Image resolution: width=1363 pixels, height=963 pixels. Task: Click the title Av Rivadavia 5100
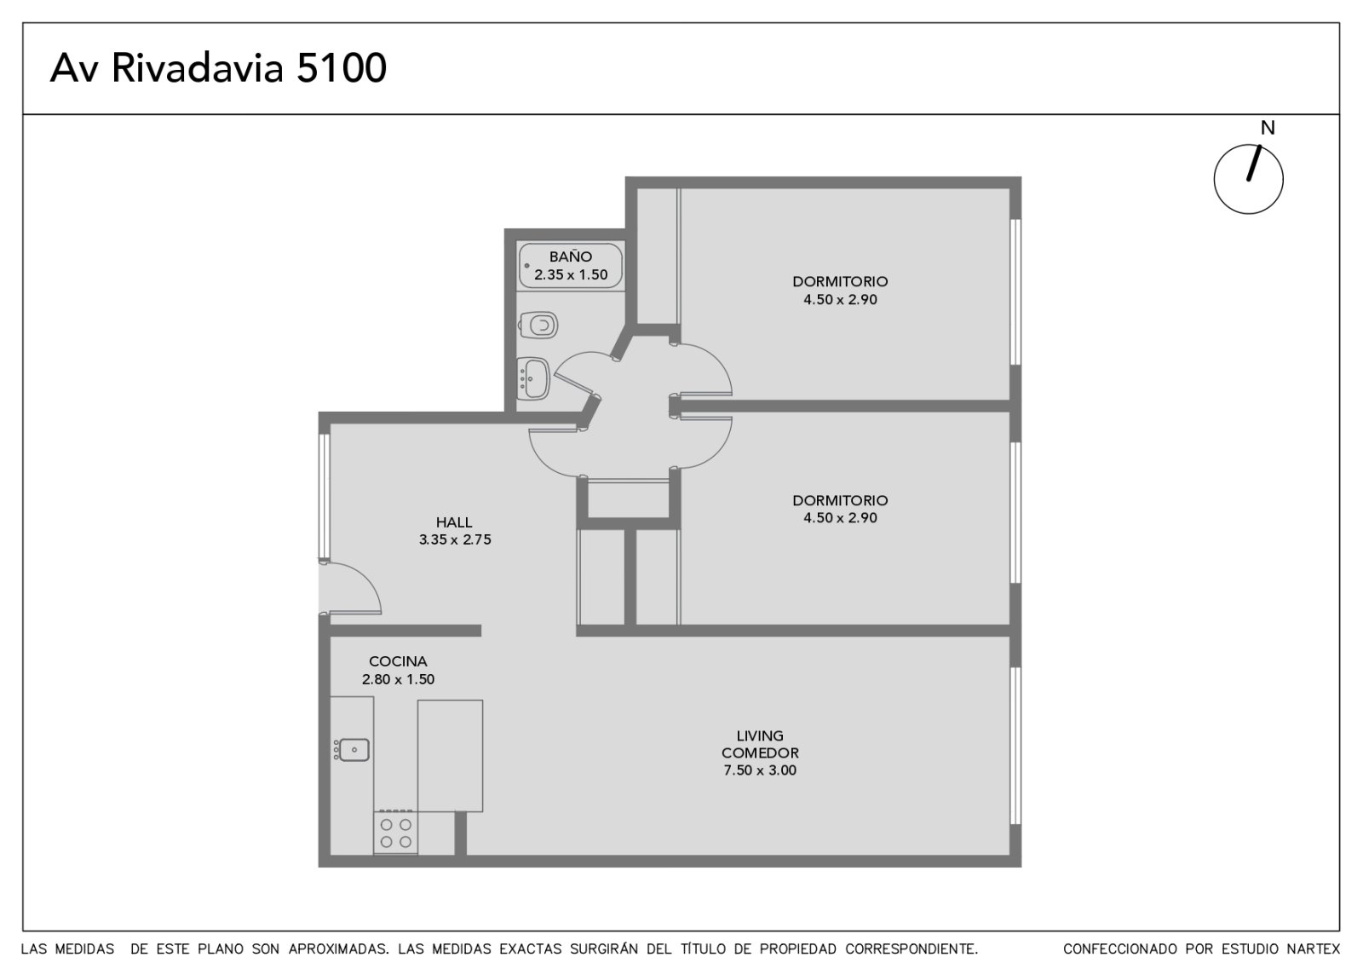[x=218, y=67]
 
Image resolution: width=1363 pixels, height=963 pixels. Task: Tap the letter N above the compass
[x=1267, y=128]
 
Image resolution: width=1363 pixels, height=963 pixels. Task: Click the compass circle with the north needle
[x=1248, y=179]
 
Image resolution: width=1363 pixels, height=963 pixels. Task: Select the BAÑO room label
[x=570, y=257]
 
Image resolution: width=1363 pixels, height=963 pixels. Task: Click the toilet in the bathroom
[x=538, y=325]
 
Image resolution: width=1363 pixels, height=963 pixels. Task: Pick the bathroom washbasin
[x=533, y=378]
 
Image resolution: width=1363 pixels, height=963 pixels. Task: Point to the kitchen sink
[x=353, y=749]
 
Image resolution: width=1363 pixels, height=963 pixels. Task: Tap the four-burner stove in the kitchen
[x=395, y=832]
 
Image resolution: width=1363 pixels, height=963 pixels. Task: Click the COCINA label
[x=398, y=661]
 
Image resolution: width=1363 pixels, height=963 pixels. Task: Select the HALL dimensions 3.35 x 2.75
[x=455, y=539]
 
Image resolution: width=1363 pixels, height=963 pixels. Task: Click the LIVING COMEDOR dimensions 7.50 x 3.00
[x=759, y=770]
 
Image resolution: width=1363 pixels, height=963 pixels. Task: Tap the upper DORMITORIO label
[x=840, y=281]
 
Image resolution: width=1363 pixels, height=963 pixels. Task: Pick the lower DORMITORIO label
[x=840, y=500]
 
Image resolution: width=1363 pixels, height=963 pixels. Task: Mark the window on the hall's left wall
[x=325, y=497]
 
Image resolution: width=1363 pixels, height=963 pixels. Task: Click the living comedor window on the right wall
[x=1015, y=746]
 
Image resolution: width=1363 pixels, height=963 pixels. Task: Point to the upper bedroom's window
[x=1015, y=291]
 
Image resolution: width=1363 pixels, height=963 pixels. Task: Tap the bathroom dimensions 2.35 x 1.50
[x=571, y=274]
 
